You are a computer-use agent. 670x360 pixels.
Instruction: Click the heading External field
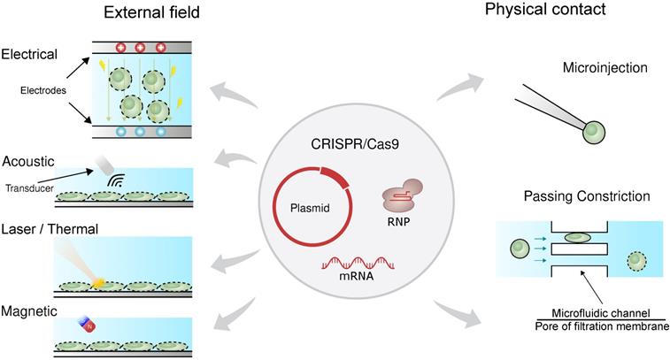point(151,12)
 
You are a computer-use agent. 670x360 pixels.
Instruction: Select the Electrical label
point(30,54)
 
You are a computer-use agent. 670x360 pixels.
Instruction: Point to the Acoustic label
point(28,161)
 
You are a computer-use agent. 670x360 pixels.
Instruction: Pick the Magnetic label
point(29,311)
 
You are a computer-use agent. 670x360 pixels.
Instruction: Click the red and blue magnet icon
point(88,326)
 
